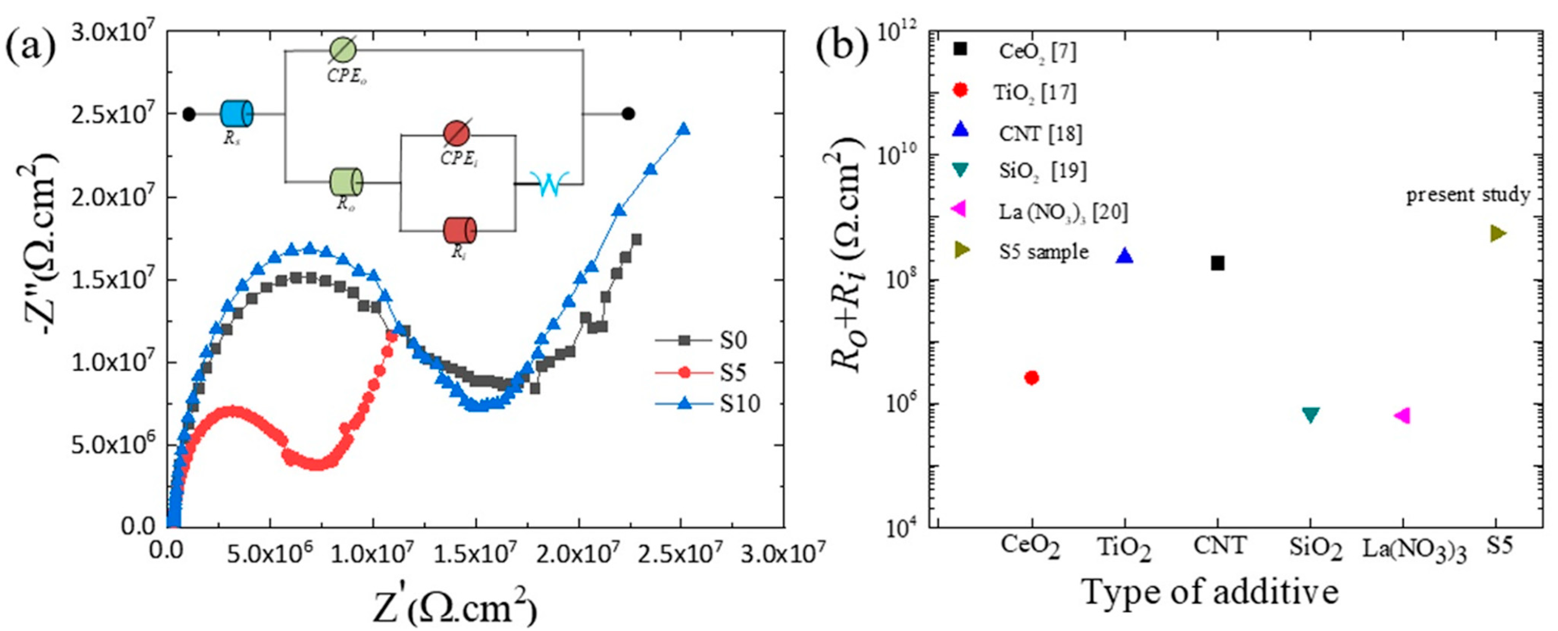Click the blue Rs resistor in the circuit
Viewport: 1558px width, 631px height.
coord(236,114)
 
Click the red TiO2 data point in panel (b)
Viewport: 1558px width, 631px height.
coord(1032,377)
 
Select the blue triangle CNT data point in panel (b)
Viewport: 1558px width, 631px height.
coord(1124,256)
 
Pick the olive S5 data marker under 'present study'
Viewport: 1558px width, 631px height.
coord(1497,233)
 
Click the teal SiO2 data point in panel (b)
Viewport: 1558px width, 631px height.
coord(1310,415)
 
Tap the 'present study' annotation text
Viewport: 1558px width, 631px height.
coord(1468,195)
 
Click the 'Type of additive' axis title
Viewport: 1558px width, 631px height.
coord(1210,592)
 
